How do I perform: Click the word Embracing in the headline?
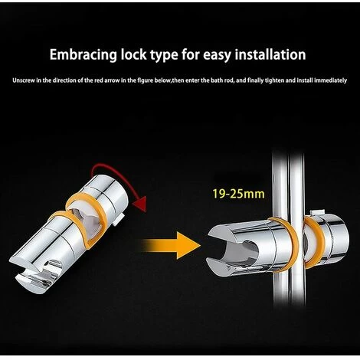point(83,55)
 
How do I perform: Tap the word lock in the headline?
point(133,54)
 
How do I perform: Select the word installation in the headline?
point(270,54)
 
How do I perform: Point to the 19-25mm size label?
point(238,194)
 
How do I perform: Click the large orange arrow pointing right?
point(172,245)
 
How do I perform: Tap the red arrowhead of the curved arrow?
point(139,204)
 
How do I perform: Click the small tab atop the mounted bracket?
point(317,213)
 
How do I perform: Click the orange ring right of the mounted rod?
point(316,243)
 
